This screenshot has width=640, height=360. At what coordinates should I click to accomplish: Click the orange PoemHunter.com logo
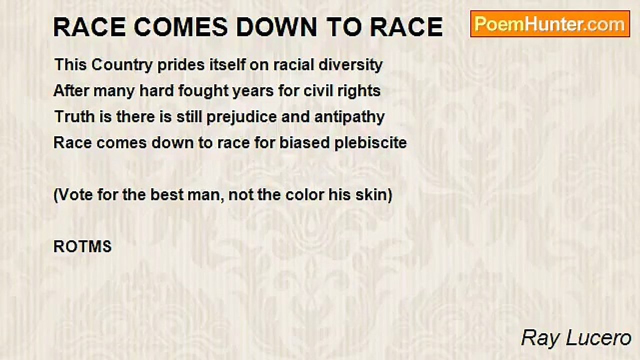pyautogui.click(x=550, y=24)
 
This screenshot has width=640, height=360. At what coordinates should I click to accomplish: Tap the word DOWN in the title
pyautogui.click(x=276, y=27)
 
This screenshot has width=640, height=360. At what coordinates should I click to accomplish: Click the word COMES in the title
pyautogui.click(x=181, y=27)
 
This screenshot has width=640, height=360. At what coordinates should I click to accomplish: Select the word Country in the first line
pyautogui.click(x=122, y=65)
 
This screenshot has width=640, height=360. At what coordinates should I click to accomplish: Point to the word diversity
pyautogui.click(x=350, y=65)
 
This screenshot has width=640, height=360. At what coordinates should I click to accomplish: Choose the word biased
pyautogui.click(x=304, y=143)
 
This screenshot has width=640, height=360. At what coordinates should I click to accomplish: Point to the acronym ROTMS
pyautogui.click(x=82, y=246)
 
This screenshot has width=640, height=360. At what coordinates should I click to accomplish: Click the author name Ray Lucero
pyautogui.click(x=576, y=338)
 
